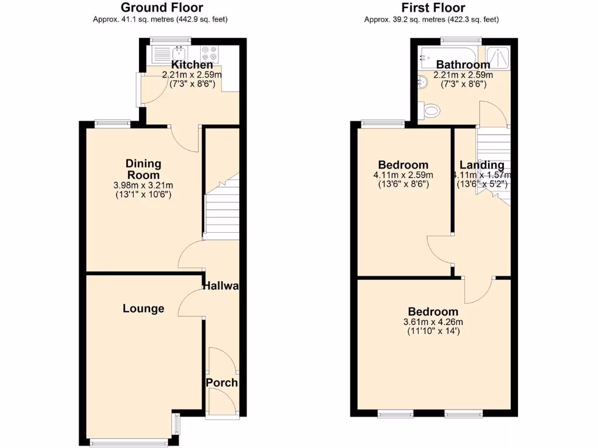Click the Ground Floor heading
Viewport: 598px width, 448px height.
point(162,8)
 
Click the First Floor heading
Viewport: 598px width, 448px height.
point(433,8)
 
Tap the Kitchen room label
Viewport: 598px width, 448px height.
point(192,65)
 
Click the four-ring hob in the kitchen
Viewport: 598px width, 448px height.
point(209,54)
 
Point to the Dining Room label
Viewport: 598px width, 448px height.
point(143,169)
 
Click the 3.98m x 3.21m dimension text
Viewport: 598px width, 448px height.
point(143,185)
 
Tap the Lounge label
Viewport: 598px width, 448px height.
point(143,309)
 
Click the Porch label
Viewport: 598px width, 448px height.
point(222,383)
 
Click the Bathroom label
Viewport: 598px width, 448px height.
point(463,65)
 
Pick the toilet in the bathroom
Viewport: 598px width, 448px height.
point(431,109)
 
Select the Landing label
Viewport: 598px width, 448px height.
point(482,165)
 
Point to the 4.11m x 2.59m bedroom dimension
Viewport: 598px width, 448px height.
point(403,175)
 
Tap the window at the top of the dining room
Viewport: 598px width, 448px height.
point(113,123)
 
